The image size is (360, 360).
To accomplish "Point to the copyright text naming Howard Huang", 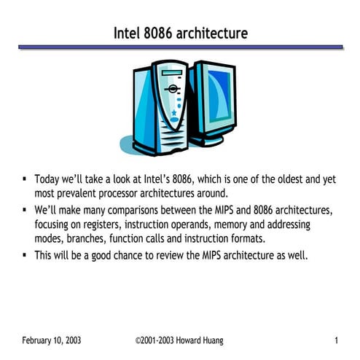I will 180,340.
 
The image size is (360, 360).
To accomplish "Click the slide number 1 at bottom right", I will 336,340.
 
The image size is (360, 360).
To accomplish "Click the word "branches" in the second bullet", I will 88,240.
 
